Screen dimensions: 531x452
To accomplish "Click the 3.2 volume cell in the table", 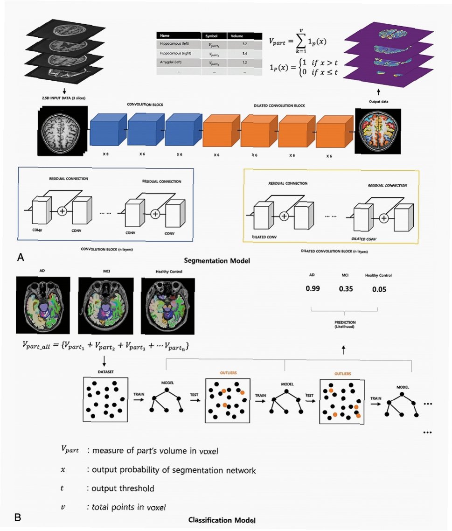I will pyautogui.click(x=244, y=44).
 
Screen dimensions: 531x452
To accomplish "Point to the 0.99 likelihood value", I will pyautogui.click(x=313, y=289).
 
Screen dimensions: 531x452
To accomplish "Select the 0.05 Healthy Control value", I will pyautogui.click(x=379, y=289).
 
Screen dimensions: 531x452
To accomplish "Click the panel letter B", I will pyautogui.click(x=18, y=517).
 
